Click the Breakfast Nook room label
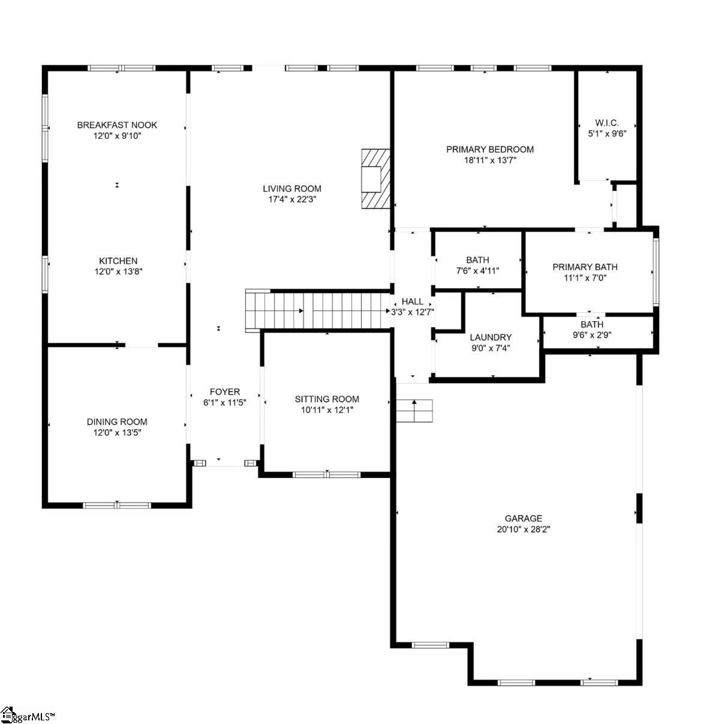117,125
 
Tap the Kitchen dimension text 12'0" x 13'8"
118,271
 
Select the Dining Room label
117,422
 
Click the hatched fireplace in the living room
375,178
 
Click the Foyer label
224,392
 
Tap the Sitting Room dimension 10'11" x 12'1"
327,410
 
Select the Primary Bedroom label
489,149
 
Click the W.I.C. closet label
606,123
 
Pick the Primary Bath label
585,267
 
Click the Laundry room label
491,337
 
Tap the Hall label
412,301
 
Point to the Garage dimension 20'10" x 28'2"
524,529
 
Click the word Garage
524,518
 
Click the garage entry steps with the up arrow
414,410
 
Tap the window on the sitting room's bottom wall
326,474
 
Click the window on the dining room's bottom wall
116,505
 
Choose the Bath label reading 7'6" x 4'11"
477,260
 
